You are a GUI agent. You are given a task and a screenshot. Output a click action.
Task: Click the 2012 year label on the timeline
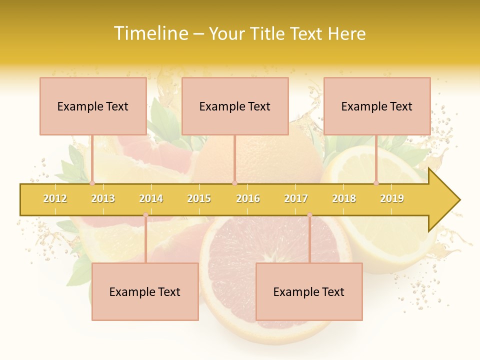point(55,198)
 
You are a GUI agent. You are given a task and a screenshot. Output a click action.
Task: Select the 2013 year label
point(103,198)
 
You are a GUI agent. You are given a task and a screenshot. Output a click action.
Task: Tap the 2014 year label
point(151,198)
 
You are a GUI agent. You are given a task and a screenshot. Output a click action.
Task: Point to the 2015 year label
point(199,198)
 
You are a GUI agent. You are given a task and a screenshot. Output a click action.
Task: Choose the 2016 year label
point(248,198)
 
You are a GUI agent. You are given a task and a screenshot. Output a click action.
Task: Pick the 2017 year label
point(296,198)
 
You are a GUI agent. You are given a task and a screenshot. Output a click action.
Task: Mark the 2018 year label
point(344,198)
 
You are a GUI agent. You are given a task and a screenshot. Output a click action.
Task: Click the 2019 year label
point(392,198)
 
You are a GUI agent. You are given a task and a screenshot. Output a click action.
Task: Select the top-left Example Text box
point(93,106)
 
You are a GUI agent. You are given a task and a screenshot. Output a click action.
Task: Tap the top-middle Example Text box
point(235,106)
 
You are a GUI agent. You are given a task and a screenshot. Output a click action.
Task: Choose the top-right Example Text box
point(377,106)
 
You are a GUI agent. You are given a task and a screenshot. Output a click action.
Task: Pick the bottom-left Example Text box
point(145,292)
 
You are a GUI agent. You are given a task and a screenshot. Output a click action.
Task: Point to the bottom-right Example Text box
point(309,292)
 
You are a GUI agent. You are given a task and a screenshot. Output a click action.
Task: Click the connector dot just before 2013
point(92,183)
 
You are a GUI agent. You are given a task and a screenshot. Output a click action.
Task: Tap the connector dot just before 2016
point(234,183)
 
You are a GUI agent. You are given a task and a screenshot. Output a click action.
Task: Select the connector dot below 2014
point(145,215)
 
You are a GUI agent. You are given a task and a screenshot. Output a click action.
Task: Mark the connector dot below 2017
point(309,215)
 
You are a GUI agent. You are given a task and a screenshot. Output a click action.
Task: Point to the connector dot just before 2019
point(376,183)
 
